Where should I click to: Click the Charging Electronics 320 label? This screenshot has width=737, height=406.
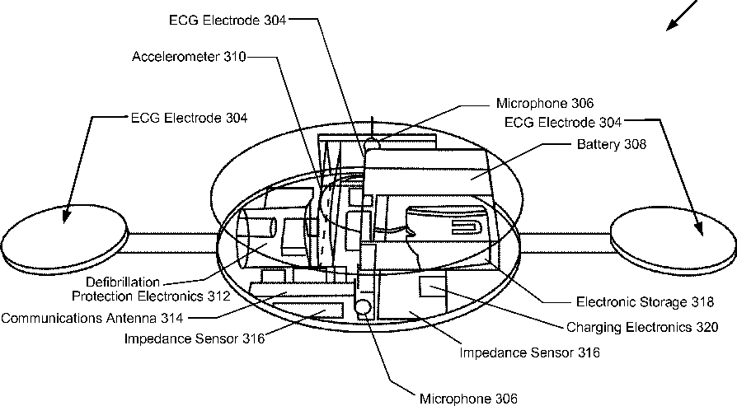(x=641, y=327)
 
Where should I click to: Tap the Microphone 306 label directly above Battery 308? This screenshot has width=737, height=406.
(x=544, y=104)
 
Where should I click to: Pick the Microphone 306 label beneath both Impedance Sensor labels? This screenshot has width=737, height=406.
(x=468, y=399)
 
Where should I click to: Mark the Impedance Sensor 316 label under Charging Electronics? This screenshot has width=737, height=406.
(x=529, y=353)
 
